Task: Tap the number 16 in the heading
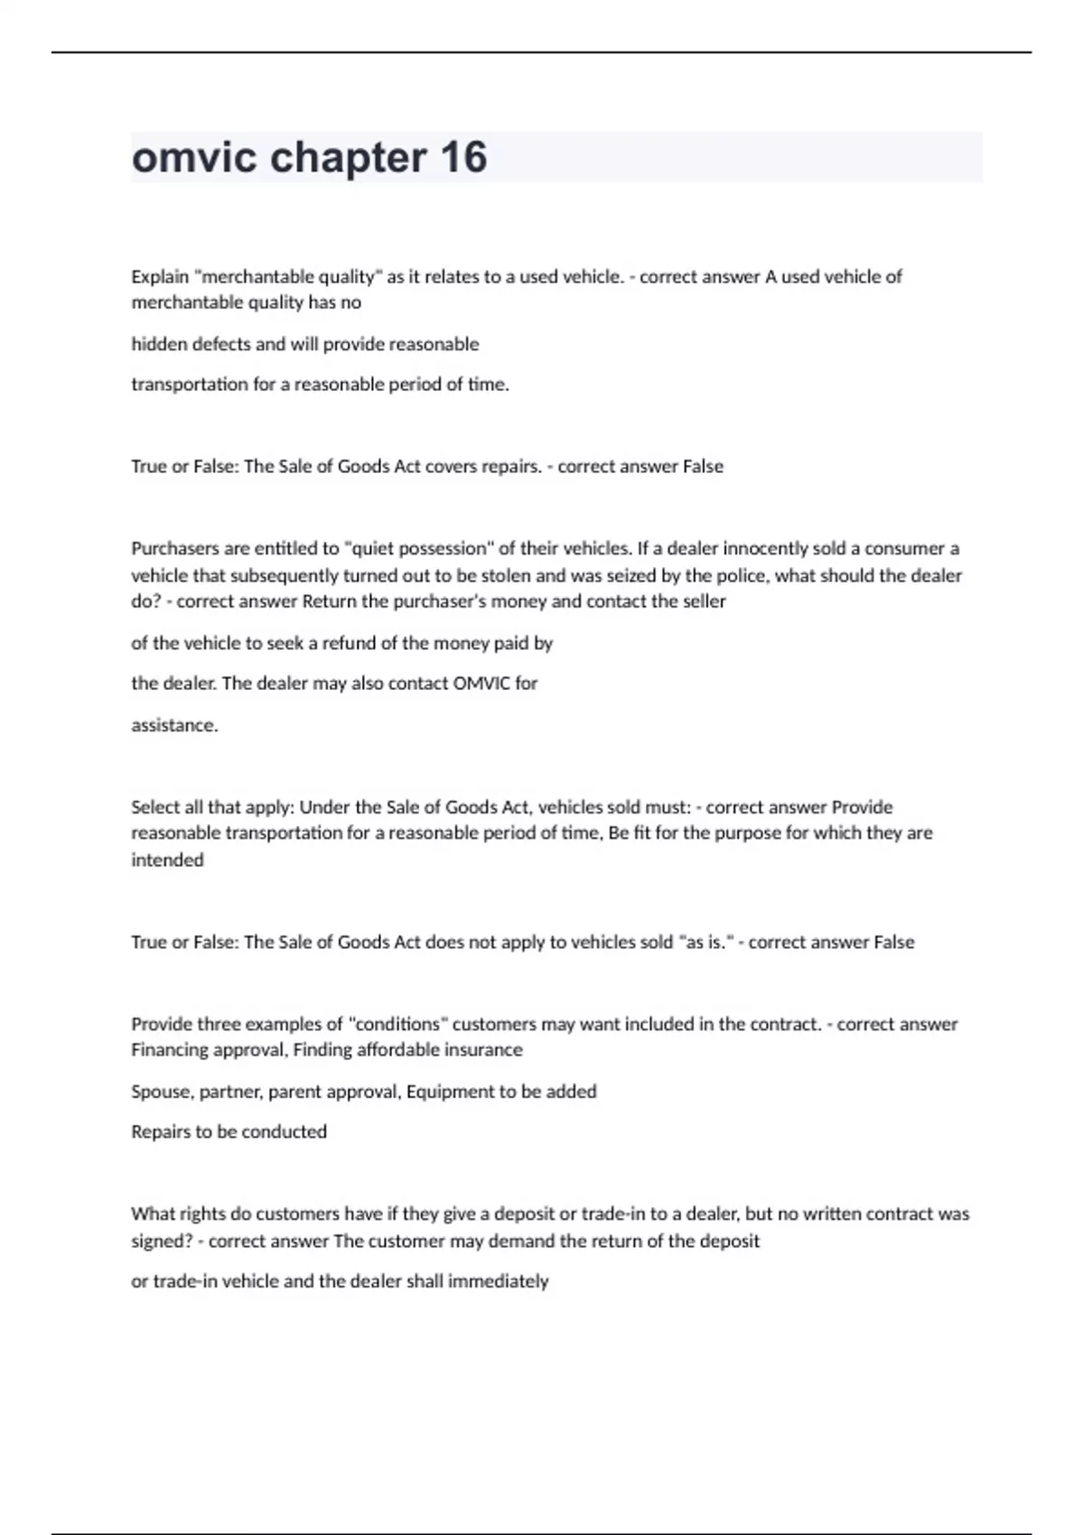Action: pos(464,157)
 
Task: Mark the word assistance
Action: pos(174,725)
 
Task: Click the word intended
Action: pos(167,860)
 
